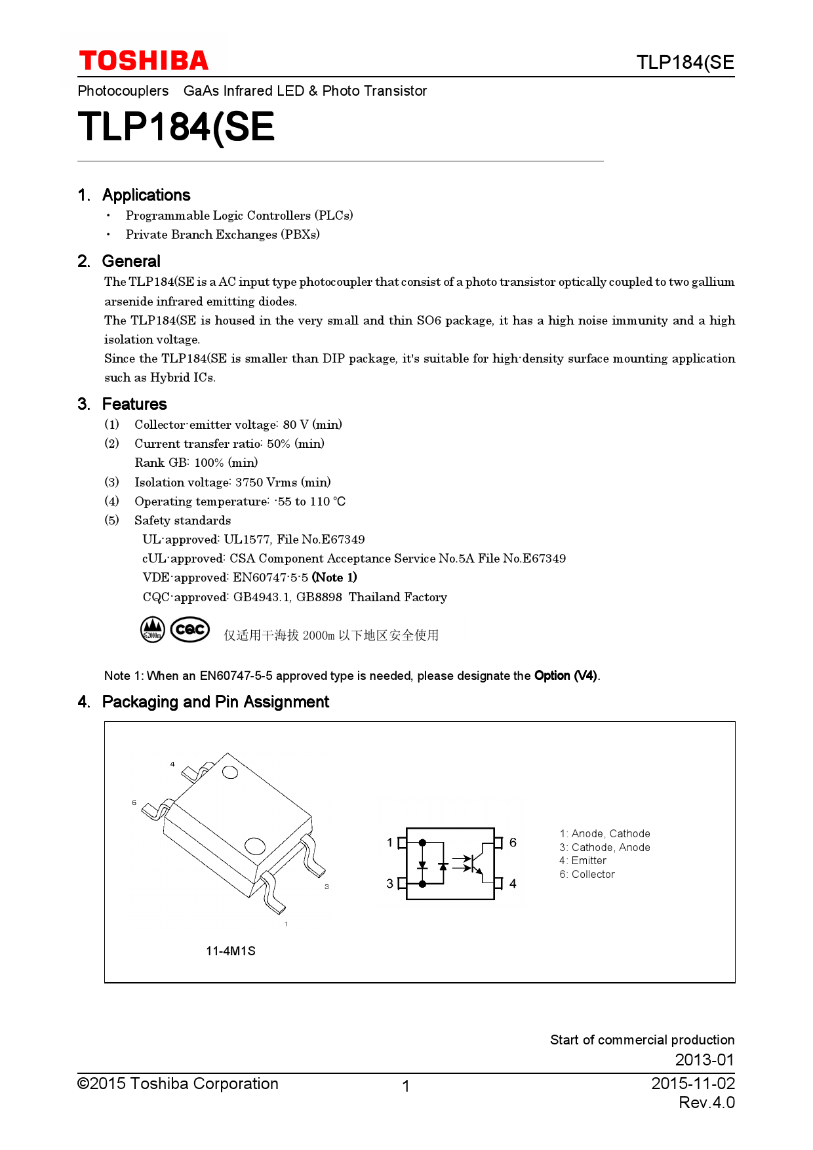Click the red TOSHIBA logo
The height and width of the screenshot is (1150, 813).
point(144,61)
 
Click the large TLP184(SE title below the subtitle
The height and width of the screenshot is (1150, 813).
point(176,127)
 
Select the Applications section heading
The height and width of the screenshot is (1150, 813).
point(146,195)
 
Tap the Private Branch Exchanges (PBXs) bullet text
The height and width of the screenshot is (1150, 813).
point(222,235)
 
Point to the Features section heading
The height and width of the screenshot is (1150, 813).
point(134,404)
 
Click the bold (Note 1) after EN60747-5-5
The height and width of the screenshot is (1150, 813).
point(334,578)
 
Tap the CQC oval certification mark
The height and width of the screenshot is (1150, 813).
point(190,629)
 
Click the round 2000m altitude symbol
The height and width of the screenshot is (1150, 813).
point(153,629)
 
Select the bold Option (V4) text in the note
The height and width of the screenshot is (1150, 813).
point(565,676)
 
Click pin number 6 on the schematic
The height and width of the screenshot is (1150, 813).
point(513,843)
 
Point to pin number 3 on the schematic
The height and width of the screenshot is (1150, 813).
point(389,884)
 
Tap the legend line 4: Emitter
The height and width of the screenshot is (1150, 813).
point(583,861)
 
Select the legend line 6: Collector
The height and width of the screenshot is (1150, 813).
point(587,875)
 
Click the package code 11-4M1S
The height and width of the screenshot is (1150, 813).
point(230,951)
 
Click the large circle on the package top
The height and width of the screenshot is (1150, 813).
point(254,846)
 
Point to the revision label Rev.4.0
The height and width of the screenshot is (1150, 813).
point(706,1103)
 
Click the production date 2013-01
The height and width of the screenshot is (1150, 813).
point(704,1060)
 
